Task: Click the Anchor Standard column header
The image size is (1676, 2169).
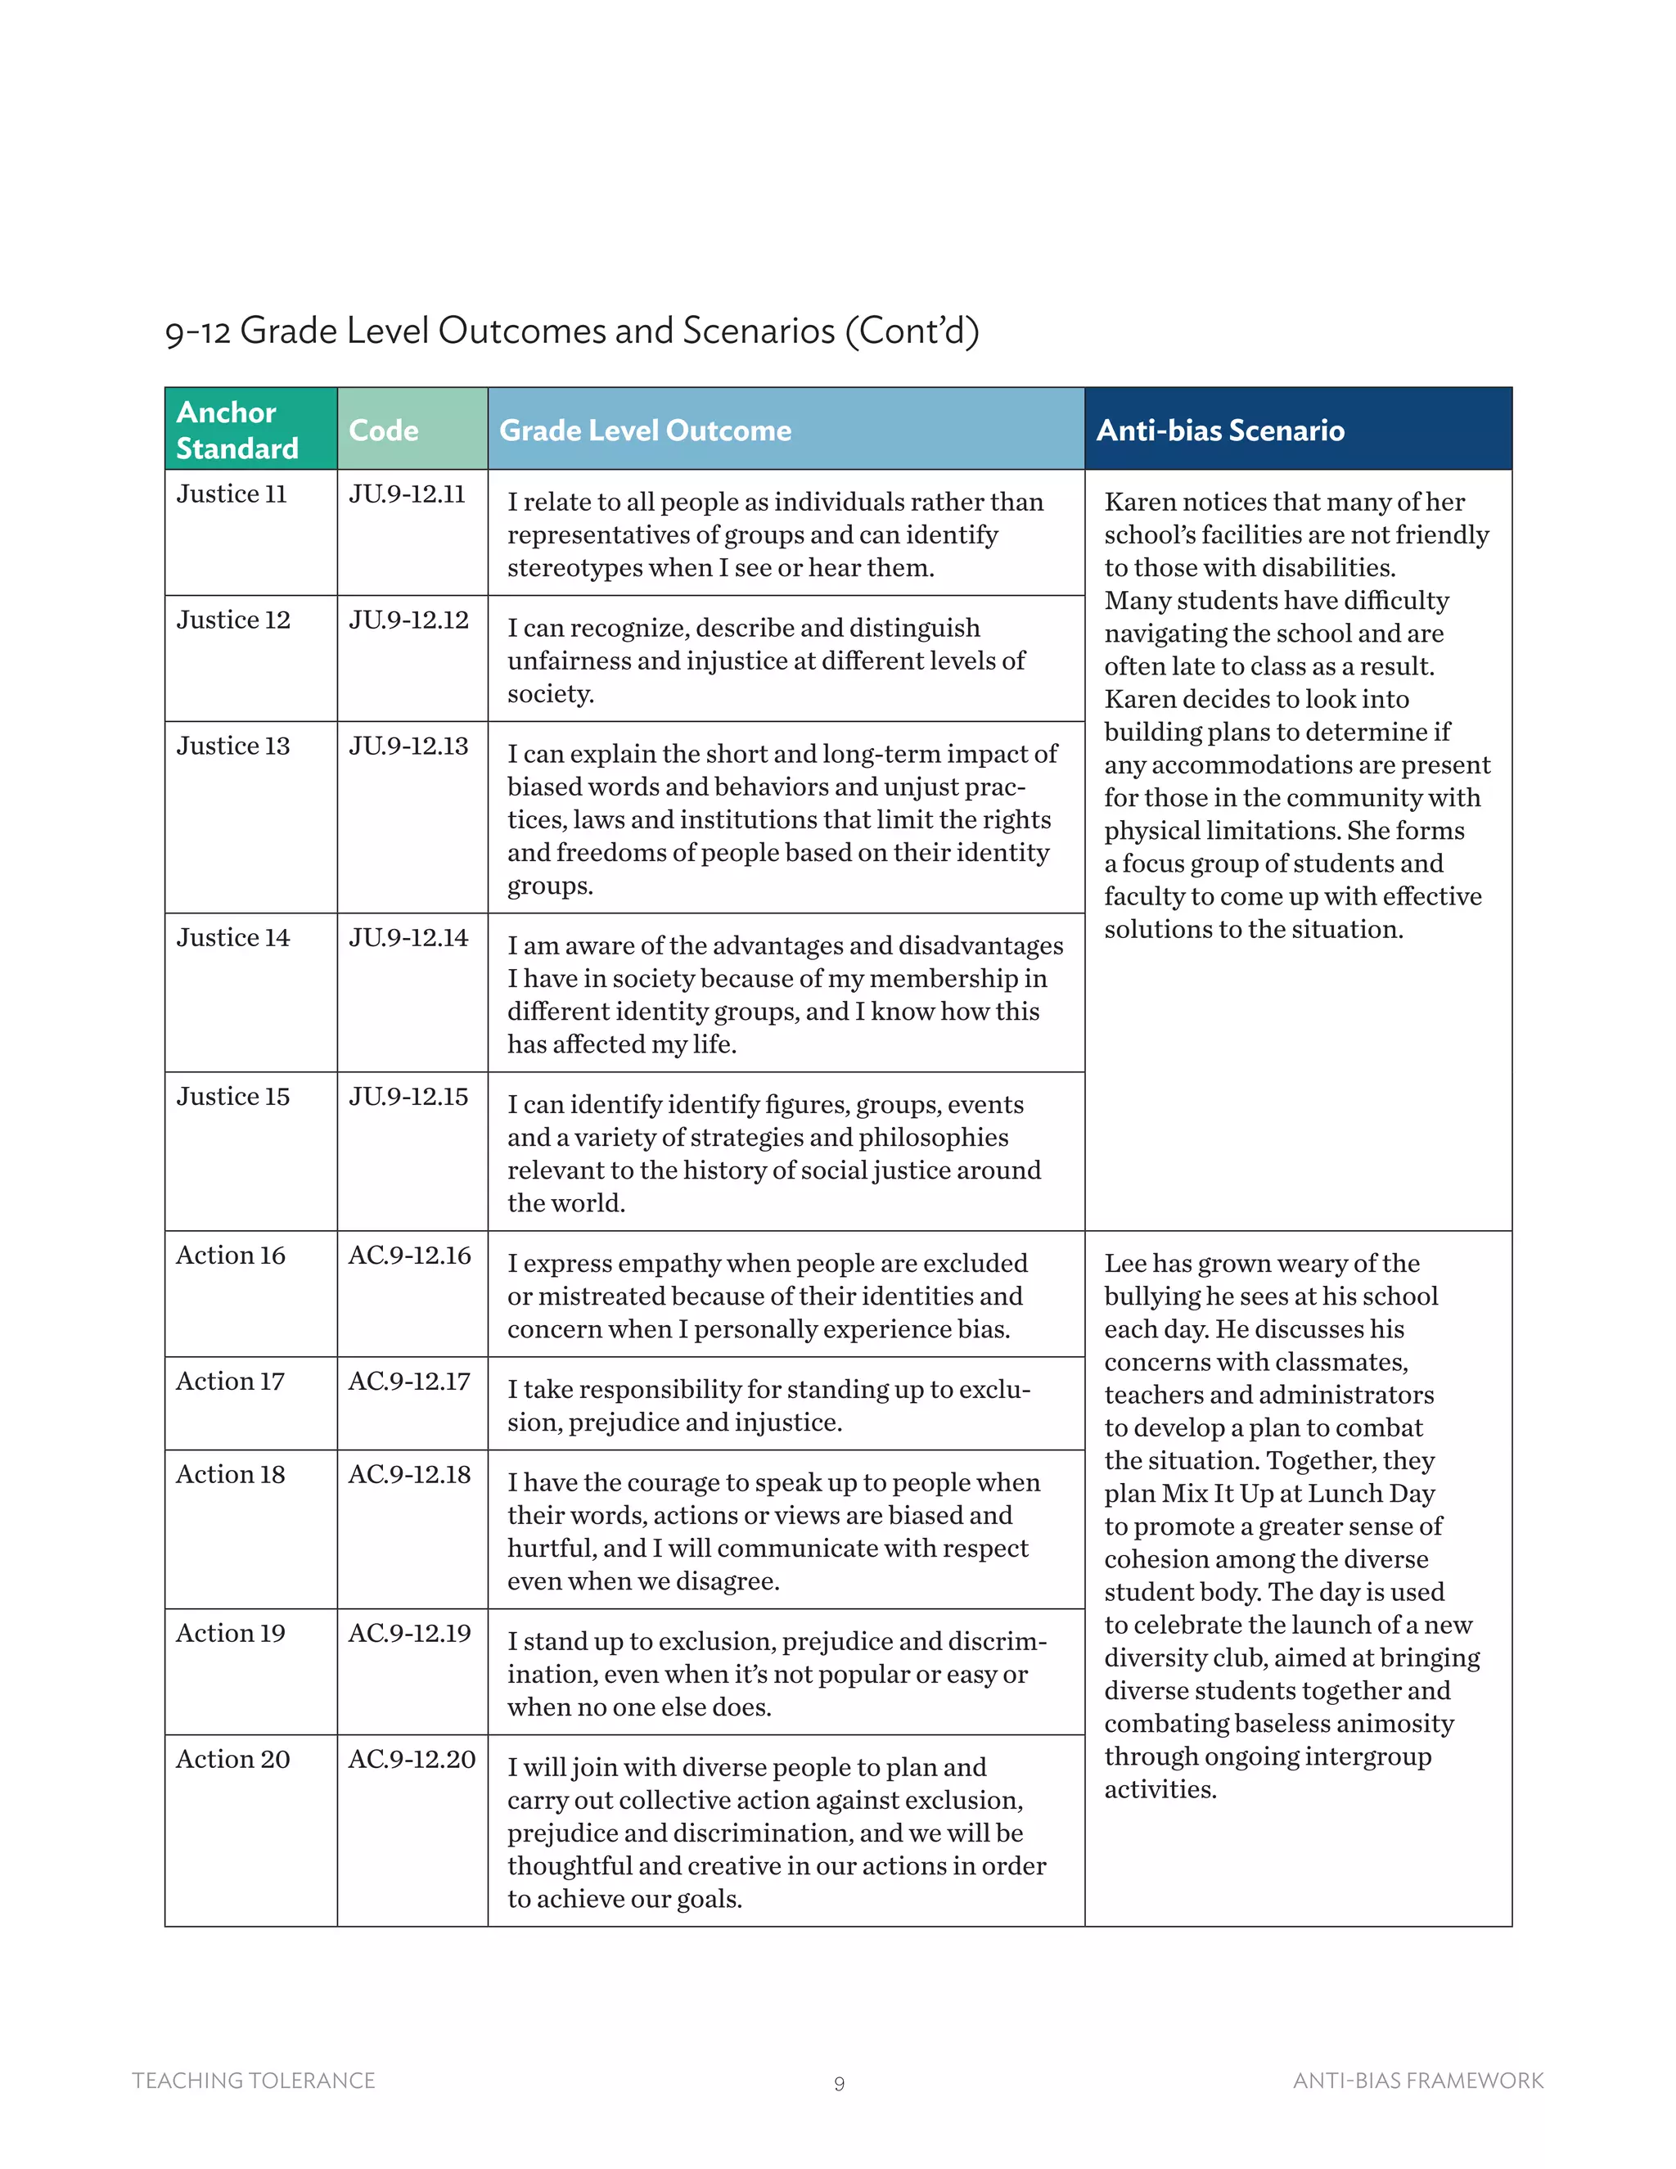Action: (237, 429)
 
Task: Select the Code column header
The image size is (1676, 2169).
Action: (383, 430)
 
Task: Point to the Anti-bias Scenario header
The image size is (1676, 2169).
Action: (1219, 430)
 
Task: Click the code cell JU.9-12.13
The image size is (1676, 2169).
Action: (408, 746)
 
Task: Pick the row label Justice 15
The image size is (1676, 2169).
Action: (233, 1097)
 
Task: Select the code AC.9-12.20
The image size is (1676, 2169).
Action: (411, 1759)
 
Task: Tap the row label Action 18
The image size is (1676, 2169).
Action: (230, 1474)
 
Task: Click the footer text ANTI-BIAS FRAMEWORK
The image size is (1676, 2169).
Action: (1418, 2081)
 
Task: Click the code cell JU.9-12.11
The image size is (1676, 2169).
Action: (407, 494)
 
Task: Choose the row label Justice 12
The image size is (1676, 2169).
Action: (233, 620)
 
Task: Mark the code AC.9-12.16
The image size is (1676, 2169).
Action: (409, 1256)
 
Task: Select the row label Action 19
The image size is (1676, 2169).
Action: (230, 1633)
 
